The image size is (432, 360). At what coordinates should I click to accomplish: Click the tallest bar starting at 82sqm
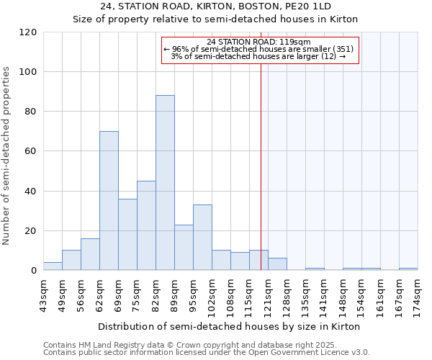click(165, 183)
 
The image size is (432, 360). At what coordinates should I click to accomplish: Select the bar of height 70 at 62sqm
click(109, 201)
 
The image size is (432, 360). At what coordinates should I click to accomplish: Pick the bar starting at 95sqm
click(202, 238)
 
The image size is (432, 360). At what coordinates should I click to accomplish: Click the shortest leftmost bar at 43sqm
click(53, 266)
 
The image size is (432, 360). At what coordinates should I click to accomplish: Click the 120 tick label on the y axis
click(28, 32)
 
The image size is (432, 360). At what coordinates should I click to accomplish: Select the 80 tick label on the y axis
click(31, 112)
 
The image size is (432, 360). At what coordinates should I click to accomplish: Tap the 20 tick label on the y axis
click(31, 231)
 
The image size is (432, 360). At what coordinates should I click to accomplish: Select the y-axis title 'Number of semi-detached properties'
click(7, 156)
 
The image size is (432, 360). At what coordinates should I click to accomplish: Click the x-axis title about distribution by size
click(228, 326)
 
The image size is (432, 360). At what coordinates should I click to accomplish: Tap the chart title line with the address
click(216, 6)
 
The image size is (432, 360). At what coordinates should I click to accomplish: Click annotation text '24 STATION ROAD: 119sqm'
click(258, 42)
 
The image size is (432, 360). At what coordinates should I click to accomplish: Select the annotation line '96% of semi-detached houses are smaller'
click(258, 49)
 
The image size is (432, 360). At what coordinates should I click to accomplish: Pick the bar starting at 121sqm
click(277, 264)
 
